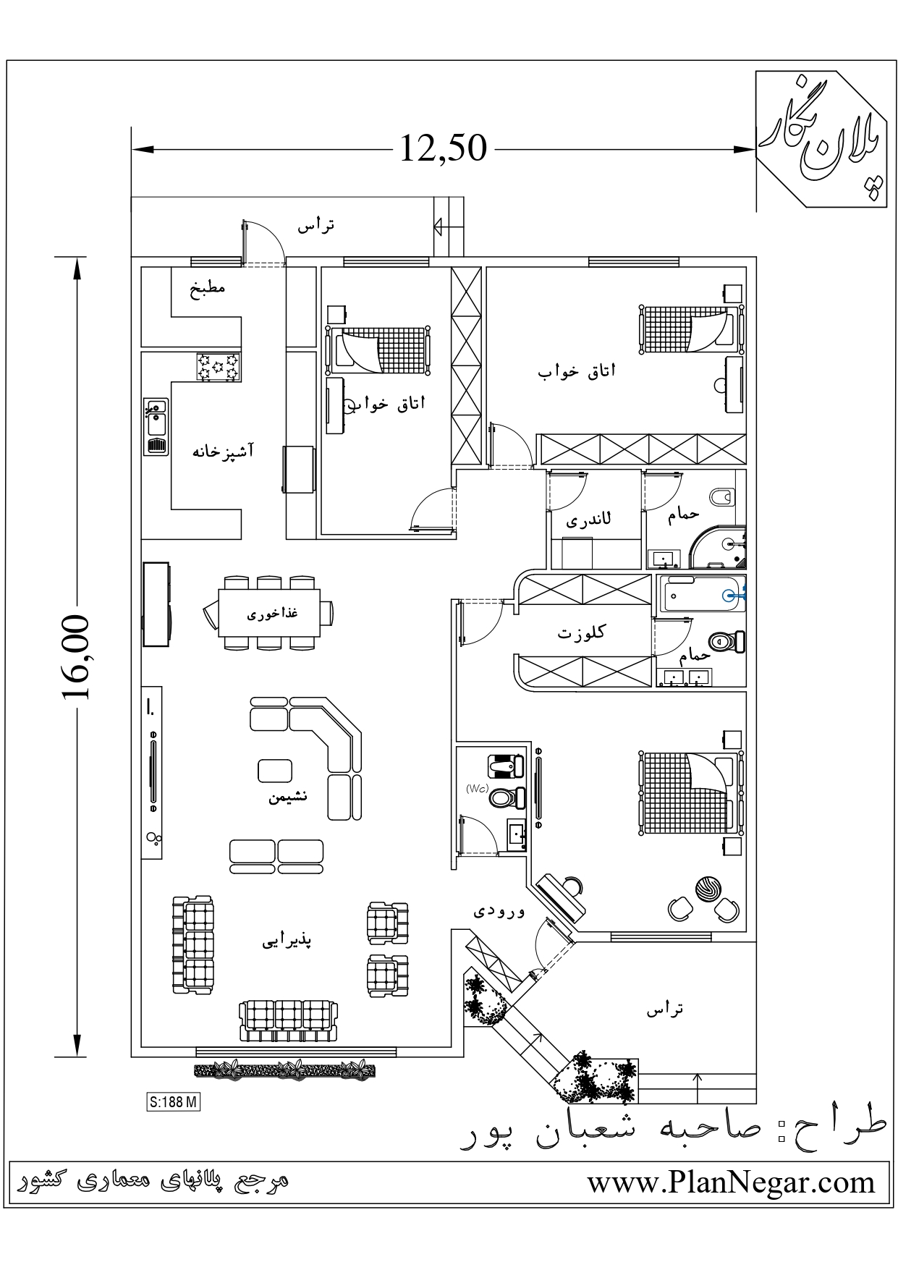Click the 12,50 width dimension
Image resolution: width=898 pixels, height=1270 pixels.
[443, 148]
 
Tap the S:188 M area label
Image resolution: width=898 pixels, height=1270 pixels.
[173, 1102]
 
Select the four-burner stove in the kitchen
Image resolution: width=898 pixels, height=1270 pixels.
[219, 366]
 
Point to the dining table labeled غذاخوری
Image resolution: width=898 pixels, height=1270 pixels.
[269, 613]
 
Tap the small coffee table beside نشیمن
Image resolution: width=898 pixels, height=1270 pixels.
[275, 770]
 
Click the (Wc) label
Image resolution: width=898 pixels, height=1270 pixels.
[477, 788]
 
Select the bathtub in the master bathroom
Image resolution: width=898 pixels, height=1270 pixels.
[700, 593]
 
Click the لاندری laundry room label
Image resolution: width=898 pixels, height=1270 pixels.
[588, 520]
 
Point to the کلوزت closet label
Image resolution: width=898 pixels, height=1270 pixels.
[581, 632]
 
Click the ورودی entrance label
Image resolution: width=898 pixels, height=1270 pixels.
[499, 911]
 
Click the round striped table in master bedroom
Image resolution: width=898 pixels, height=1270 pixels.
[707, 888]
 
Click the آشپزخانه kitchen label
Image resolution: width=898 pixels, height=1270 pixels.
[223, 452]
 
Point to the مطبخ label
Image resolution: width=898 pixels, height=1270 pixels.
[208, 287]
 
